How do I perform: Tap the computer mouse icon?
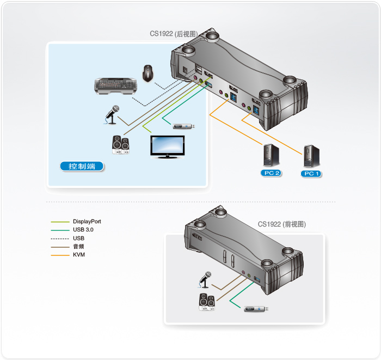pyautogui.click(x=147, y=73)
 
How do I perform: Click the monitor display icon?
pyautogui.click(x=168, y=146)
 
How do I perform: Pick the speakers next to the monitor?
pyautogui.click(x=120, y=145)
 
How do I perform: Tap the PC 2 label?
pyautogui.click(x=270, y=174)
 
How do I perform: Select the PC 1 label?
pyautogui.click(x=311, y=174)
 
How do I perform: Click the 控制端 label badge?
pyautogui.click(x=82, y=166)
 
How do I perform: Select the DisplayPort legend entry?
pyautogui.click(x=87, y=222)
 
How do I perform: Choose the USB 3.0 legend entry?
pyautogui.click(x=83, y=230)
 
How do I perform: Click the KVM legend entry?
pyautogui.click(x=78, y=254)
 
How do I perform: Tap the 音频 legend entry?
pyautogui.click(x=78, y=246)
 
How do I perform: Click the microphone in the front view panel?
pyautogui.click(x=204, y=279)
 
